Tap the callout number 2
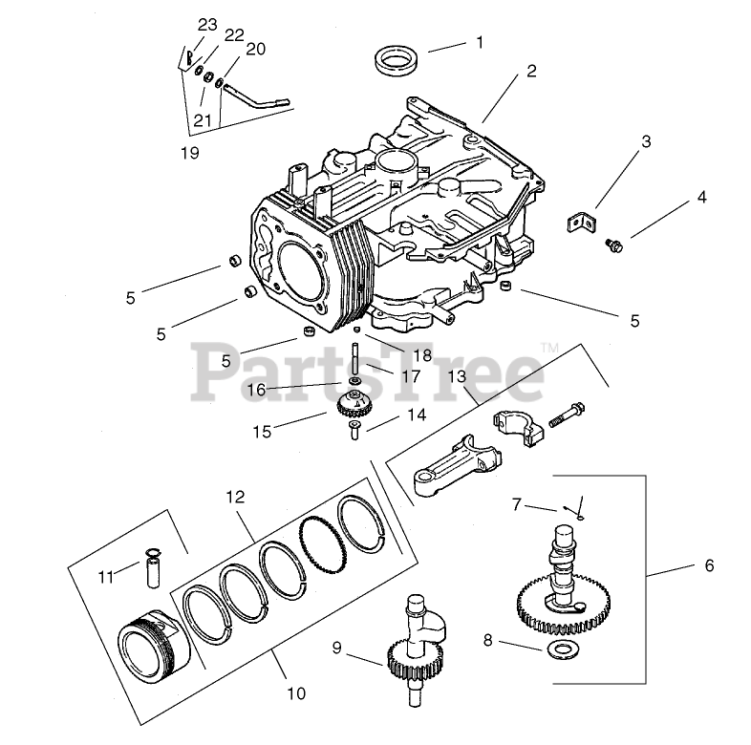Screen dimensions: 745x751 [x=531, y=71]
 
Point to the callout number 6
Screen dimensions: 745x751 [x=708, y=565]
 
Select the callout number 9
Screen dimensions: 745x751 [x=336, y=648]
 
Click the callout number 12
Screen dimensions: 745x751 [x=235, y=497]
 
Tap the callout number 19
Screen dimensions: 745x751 [x=190, y=152]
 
